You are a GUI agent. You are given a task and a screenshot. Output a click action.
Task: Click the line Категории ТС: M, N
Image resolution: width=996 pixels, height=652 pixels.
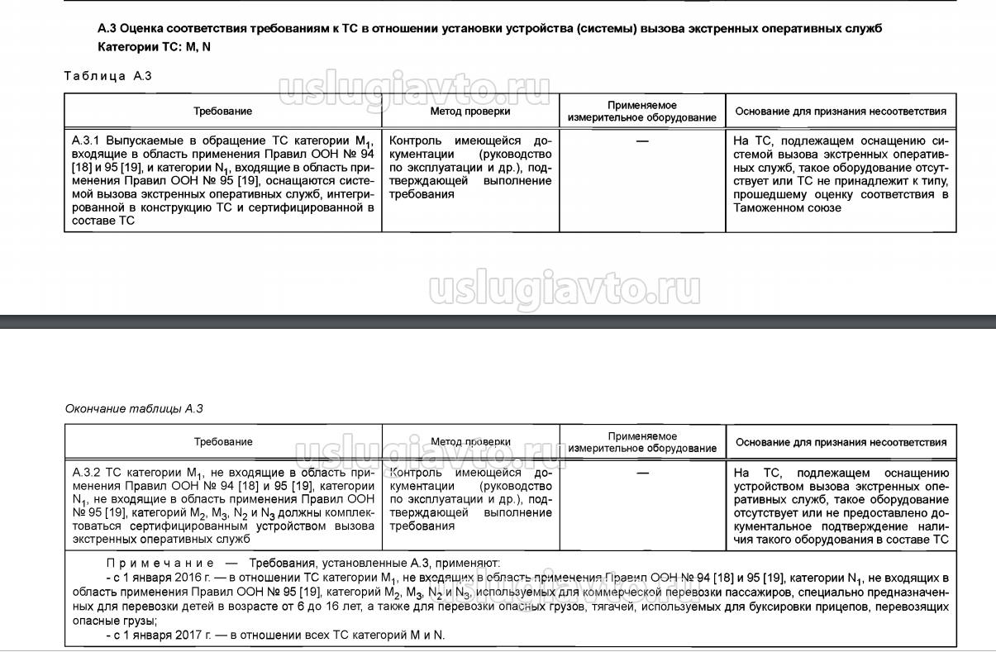point(154,47)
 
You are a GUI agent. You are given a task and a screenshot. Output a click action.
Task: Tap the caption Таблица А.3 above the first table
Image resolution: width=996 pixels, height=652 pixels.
point(107,76)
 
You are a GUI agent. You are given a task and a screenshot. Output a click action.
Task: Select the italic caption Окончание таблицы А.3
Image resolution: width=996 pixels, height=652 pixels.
point(133,408)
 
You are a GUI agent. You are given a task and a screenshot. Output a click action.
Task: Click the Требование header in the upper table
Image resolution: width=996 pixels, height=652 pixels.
point(223,111)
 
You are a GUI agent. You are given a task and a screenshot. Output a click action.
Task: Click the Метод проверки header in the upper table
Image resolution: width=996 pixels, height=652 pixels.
point(470,111)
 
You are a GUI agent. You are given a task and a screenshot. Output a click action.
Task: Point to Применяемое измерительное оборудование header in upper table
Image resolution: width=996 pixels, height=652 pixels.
point(642,112)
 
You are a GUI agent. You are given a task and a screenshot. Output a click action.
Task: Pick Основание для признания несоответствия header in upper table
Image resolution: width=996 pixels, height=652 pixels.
point(841,112)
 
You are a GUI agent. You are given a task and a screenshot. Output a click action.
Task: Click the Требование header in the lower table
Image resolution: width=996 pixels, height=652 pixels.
point(223,442)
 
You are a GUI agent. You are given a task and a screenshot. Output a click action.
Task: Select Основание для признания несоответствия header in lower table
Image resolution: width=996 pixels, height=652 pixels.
point(841,442)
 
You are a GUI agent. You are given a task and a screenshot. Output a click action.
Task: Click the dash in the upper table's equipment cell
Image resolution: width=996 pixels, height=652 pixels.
point(642,141)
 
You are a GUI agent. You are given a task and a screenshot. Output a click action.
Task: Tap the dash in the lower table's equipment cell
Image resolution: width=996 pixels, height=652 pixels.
point(642,473)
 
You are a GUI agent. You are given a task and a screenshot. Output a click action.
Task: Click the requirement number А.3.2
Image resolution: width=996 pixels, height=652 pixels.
point(86,473)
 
